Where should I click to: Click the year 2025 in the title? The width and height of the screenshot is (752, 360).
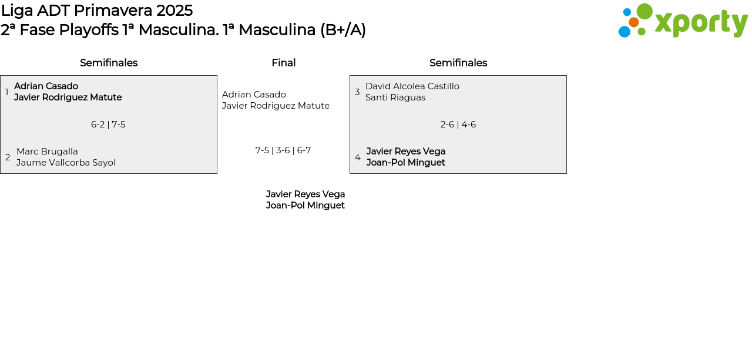coord(174,11)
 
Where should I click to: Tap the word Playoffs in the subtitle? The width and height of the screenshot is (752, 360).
coord(89,30)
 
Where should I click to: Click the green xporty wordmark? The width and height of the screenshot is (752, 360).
coord(701,23)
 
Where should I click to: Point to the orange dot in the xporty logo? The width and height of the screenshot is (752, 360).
coord(633,22)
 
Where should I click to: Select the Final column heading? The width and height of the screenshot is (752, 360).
coord(283,63)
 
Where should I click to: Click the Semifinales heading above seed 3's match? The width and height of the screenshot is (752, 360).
coord(458,63)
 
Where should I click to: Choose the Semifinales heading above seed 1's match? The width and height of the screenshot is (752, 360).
coord(109,63)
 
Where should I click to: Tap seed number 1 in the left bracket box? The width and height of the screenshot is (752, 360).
coord(7,92)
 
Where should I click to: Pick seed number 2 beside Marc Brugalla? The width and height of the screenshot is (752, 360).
coord(8,157)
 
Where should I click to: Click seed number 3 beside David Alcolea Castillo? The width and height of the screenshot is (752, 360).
coord(357,92)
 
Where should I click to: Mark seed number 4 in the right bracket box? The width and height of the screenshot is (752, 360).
coord(358,157)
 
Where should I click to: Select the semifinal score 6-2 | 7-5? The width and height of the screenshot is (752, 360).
coord(108,125)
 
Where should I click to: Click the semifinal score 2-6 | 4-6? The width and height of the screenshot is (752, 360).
coord(458,125)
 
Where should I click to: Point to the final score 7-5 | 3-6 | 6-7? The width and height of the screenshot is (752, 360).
coord(283,150)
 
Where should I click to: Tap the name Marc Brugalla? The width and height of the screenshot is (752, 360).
coord(47,152)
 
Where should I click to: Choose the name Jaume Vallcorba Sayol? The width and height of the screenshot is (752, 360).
coord(66,163)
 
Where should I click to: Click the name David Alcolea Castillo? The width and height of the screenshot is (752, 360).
coord(412,86)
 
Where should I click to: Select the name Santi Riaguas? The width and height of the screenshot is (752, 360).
coord(395,97)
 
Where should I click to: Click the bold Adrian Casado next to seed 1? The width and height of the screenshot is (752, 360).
coord(46,86)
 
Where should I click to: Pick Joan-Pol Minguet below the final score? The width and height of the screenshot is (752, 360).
coord(305,206)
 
